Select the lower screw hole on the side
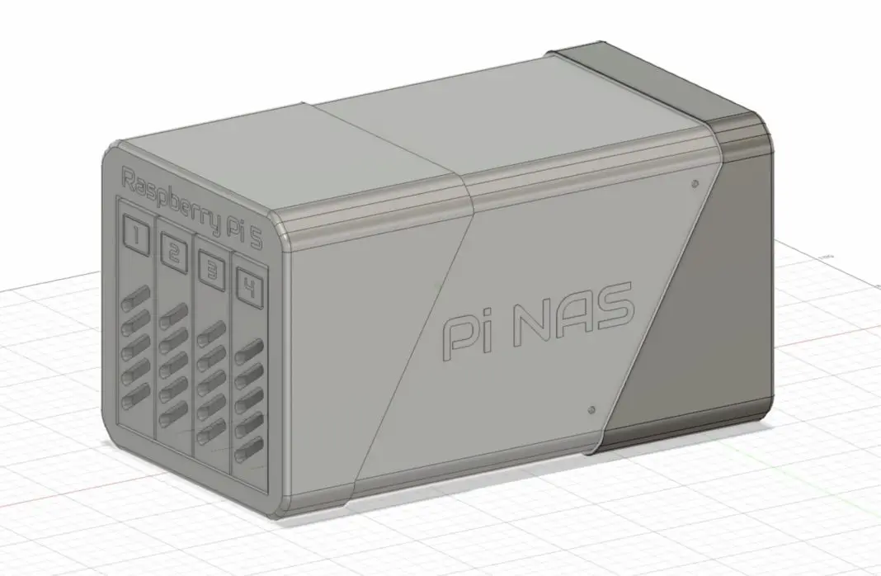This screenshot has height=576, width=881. point(591,408)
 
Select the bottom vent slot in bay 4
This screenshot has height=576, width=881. point(246,453)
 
